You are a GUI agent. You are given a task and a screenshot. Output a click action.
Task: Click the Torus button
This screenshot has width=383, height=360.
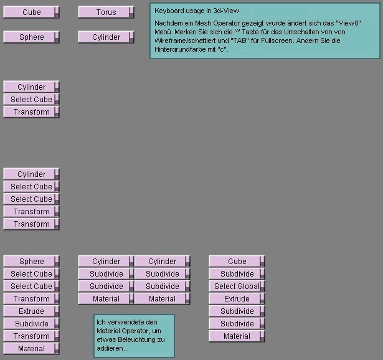[x=106, y=12]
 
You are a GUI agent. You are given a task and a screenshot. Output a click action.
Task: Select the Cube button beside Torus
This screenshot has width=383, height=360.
[x=31, y=12]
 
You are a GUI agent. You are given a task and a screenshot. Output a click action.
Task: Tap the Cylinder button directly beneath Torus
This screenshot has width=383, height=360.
[x=106, y=37]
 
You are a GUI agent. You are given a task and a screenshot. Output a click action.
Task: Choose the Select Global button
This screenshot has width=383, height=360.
[x=237, y=287]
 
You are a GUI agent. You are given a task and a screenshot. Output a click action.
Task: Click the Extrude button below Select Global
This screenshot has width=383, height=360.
[x=237, y=299]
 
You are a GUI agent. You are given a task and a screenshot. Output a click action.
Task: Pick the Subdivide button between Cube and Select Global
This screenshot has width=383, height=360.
[x=237, y=274]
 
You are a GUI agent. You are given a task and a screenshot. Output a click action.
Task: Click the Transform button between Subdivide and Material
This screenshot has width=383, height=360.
[x=31, y=336]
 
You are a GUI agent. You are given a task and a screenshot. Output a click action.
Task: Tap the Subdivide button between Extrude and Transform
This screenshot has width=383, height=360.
[x=31, y=324]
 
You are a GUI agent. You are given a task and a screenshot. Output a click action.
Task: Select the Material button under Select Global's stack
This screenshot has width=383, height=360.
[x=237, y=336]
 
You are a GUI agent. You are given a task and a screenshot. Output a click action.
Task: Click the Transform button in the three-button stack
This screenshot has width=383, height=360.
[x=31, y=112]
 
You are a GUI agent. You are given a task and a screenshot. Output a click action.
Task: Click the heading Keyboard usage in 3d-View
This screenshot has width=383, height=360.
[x=197, y=11]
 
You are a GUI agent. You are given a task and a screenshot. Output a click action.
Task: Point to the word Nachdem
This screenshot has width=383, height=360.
[x=166, y=23]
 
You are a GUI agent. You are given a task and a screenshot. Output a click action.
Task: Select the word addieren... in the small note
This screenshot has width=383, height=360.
[x=112, y=349]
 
